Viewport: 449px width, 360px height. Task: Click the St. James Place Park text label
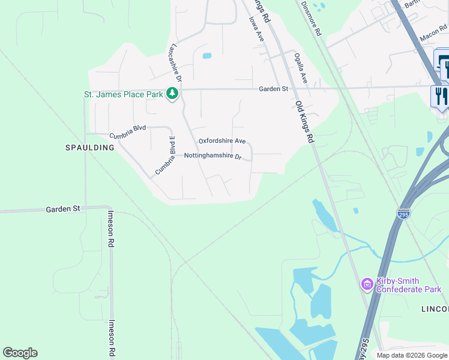pyautogui.click(x=123, y=94)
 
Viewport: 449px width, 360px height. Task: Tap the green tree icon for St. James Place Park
pyautogui.click(x=173, y=94)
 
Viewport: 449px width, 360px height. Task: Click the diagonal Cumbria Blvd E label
pyautogui.click(x=164, y=155)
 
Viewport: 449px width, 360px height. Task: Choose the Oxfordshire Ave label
pyautogui.click(x=222, y=141)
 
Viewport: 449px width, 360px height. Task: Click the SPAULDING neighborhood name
pyautogui.click(x=89, y=147)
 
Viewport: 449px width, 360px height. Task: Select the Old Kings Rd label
pyautogui.click(x=305, y=121)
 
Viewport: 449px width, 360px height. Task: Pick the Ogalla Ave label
pyautogui.click(x=300, y=68)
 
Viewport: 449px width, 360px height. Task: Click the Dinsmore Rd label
pyautogui.click(x=312, y=17)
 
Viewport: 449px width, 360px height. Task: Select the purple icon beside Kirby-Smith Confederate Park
pyautogui.click(x=366, y=284)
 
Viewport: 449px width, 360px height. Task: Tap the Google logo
pyautogui.click(x=20, y=353)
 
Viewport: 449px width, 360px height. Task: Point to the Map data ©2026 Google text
pyautogui.click(x=411, y=355)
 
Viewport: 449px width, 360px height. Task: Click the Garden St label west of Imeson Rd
pyautogui.click(x=63, y=209)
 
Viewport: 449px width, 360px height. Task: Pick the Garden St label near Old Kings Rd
pyautogui.click(x=274, y=89)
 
